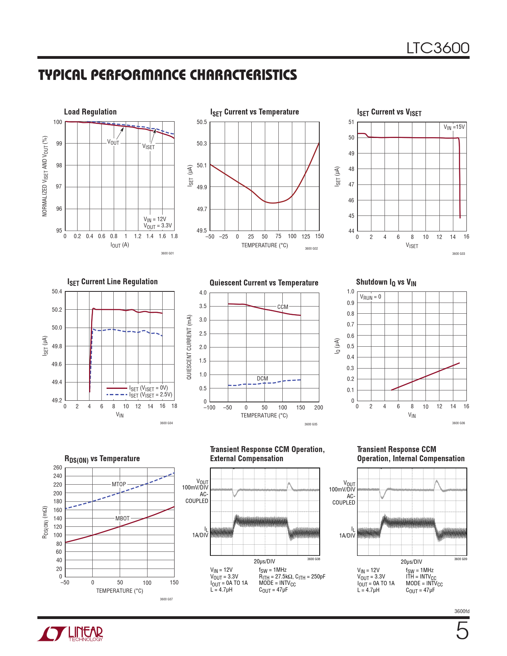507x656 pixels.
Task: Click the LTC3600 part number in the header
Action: coord(437,48)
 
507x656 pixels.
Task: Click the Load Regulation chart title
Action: coord(90,112)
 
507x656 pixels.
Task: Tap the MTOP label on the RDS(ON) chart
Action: coord(118,484)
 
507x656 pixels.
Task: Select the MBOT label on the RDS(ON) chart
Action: coord(122,518)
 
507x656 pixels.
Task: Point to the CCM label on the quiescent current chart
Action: coord(282,307)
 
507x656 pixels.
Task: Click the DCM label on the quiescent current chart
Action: coord(262,378)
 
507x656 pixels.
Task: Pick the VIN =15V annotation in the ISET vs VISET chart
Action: coord(454,127)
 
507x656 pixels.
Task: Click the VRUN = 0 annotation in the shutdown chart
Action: coord(370,297)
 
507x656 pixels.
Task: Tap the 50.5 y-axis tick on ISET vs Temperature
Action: coord(202,122)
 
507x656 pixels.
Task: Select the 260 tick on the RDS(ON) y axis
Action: coord(58,468)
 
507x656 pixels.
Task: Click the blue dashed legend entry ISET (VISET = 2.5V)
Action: coord(150,395)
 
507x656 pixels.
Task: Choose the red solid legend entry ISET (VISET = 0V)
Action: coord(148,388)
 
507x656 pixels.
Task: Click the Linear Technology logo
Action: coord(71,634)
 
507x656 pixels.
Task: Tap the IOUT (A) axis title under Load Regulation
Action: coord(120,245)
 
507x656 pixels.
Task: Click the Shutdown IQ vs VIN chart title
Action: coord(386,282)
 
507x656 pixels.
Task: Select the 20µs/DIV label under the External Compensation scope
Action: coord(264,561)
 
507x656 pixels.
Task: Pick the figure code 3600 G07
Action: coord(166,599)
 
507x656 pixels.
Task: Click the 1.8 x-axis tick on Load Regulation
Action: coord(174,236)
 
